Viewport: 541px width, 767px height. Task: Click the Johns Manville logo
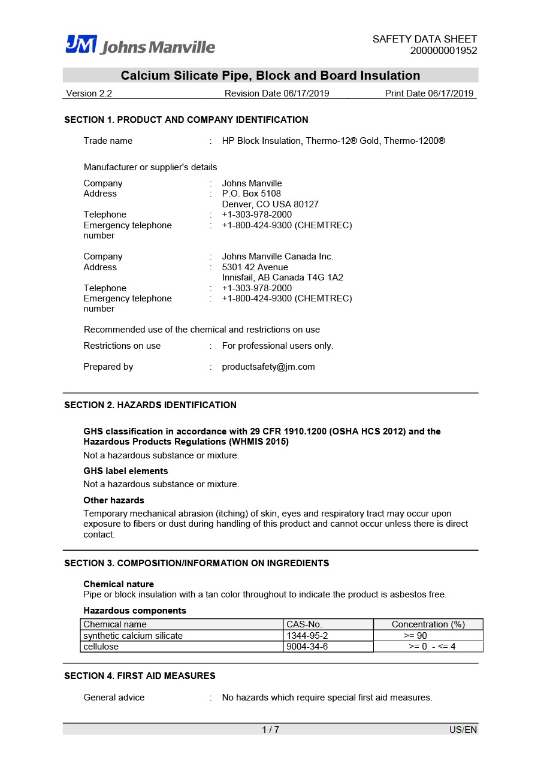pyautogui.click(x=140, y=45)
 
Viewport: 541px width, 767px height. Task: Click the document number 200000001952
pyautogui.click(x=443, y=51)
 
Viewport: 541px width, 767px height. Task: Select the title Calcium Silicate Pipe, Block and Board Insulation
pyautogui.click(x=270, y=76)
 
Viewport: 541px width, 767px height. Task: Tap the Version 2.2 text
pyautogui.click(x=89, y=93)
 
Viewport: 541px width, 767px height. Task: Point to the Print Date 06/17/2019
pyautogui.click(x=429, y=93)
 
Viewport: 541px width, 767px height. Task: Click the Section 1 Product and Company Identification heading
pyautogui.click(x=186, y=120)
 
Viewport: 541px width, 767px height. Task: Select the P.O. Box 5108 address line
pyautogui.click(x=251, y=194)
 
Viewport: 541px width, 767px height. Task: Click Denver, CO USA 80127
pyautogui.click(x=270, y=204)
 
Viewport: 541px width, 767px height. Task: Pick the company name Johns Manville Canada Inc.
pyautogui.click(x=277, y=256)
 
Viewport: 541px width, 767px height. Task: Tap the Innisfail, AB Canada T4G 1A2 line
pyautogui.click(x=282, y=277)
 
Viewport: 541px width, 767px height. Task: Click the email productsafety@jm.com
pyautogui.click(x=268, y=367)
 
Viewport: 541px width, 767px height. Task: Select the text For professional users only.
pyautogui.click(x=277, y=346)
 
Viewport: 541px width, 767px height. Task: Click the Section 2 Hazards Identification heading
pyautogui.click(x=150, y=405)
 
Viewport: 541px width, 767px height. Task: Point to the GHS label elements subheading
pyautogui.click(x=126, y=471)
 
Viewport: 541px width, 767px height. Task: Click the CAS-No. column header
pyautogui.click(x=304, y=624)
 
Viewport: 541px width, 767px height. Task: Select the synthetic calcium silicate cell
pyautogui.click(x=133, y=636)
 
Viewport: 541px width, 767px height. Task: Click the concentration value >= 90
pyautogui.click(x=415, y=636)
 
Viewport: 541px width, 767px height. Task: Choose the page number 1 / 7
pyautogui.click(x=270, y=729)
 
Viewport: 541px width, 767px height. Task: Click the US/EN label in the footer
pyautogui.click(x=463, y=729)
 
